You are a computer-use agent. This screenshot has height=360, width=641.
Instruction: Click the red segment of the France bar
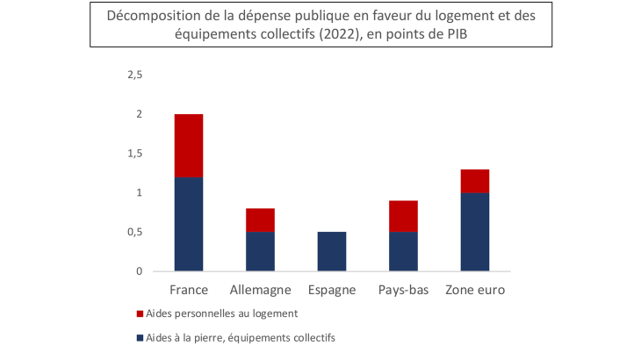(189, 146)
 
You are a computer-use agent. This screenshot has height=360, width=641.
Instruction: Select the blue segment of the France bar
(189, 224)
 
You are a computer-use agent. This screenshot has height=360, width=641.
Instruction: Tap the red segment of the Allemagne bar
(260, 220)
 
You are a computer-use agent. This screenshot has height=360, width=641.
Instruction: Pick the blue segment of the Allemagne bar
(260, 251)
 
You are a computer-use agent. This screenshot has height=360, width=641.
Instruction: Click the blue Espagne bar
(332, 251)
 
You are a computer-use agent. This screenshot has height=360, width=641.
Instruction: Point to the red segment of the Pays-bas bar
(403, 216)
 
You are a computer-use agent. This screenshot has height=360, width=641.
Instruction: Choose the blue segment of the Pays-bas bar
(403, 251)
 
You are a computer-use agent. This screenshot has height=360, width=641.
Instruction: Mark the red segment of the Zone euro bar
(474, 181)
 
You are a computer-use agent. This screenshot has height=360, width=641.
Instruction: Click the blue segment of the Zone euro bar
(474, 232)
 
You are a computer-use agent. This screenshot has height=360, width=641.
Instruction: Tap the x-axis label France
(189, 290)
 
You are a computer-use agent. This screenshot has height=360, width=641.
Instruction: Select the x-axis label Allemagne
(260, 290)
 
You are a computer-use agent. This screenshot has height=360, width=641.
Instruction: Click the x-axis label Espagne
(332, 290)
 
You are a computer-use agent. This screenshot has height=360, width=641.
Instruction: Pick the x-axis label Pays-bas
(403, 290)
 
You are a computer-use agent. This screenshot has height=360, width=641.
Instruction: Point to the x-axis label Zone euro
(475, 290)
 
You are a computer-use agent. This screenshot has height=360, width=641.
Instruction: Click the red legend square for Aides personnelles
(140, 313)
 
